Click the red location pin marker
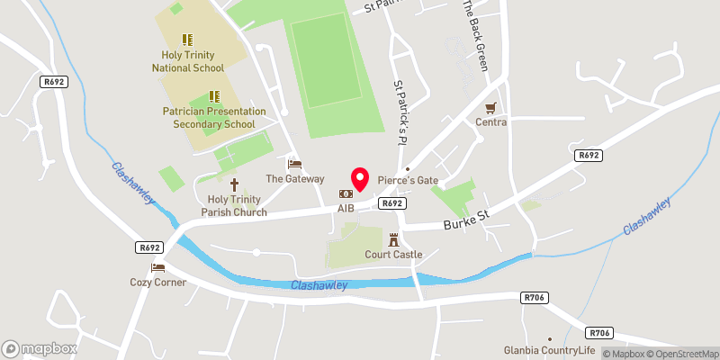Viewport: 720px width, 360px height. coord(360,178)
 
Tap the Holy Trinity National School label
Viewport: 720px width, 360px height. coord(187,60)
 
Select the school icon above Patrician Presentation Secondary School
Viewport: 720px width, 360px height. coord(214,95)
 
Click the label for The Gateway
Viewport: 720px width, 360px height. coord(294,179)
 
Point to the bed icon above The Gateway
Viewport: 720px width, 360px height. coord(294,164)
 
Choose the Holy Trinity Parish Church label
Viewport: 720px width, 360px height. coord(234,206)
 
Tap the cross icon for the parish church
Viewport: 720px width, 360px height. coord(234,184)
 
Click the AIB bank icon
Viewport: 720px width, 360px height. coord(346,193)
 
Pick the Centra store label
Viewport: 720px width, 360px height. coord(490,122)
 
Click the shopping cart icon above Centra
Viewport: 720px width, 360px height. coord(490,107)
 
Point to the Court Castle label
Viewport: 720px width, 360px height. coord(394,255)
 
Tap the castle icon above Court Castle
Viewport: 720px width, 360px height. coord(394,239)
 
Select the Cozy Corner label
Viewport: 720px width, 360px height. coord(158,283)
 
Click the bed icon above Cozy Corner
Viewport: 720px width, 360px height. coord(158,267)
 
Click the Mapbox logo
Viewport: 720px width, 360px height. coord(40,348)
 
